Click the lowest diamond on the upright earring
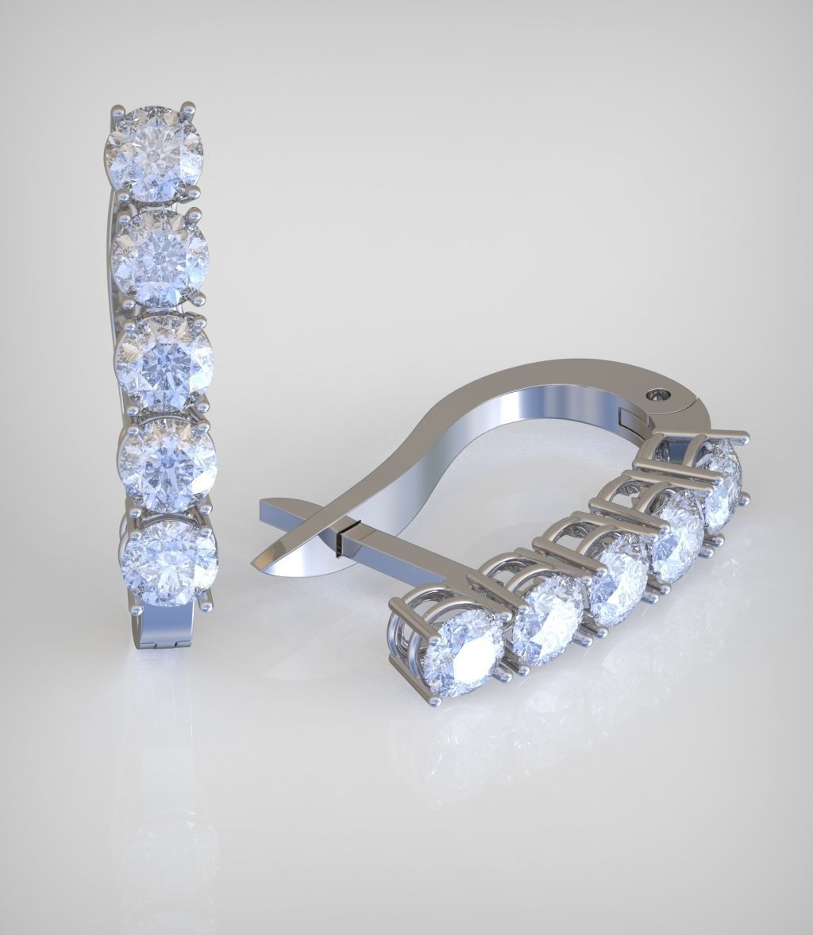point(168,560)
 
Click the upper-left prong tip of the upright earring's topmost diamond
point(118,109)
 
